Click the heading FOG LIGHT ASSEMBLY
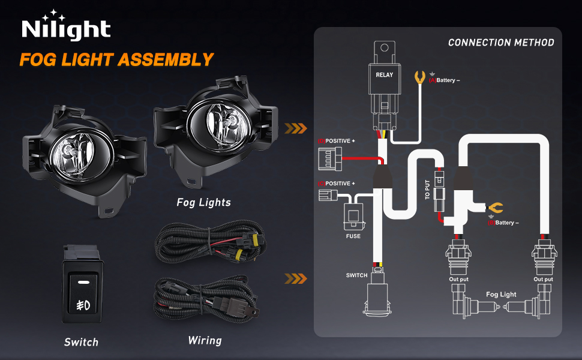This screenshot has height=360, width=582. (116, 59)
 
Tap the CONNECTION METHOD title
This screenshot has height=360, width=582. (501, 43)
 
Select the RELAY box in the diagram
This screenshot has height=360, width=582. (385, 75)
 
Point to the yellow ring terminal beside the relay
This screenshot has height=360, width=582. (421, 77)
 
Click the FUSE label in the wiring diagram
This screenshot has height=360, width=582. (353, 236)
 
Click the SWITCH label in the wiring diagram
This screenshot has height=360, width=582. (357, 275)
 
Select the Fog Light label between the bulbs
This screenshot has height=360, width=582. (501, 295)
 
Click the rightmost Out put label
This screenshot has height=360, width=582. (543, 279)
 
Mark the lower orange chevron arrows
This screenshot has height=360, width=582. (295, 278)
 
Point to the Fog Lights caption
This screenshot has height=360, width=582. (203, 202)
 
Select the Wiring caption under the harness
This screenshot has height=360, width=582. (205, 340)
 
